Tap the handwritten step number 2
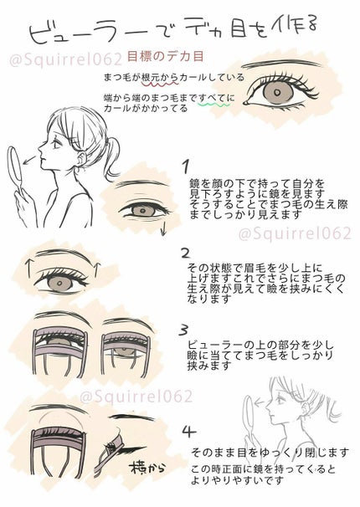coord(186,251)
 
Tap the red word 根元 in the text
coord(142,77)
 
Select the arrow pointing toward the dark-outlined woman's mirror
coord(29,159)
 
